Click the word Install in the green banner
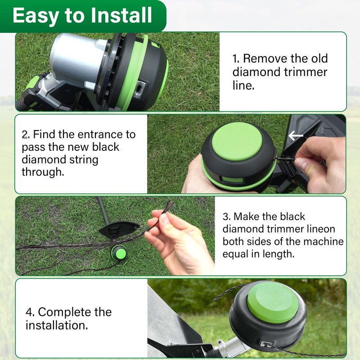[x=121, y=15]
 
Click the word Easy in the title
[x=36, y=16]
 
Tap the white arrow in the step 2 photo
[x=296, y=136]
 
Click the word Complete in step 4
[x=65, y=312]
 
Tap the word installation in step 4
[x=57, y=325]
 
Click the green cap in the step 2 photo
[x=237, y=142]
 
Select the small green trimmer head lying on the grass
[x=118, y=252]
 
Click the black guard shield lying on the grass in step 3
[x=119, y=229]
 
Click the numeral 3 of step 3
[x=226, y=216]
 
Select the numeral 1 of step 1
[x=235, y=58]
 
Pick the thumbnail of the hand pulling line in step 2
[x=247, y=154]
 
